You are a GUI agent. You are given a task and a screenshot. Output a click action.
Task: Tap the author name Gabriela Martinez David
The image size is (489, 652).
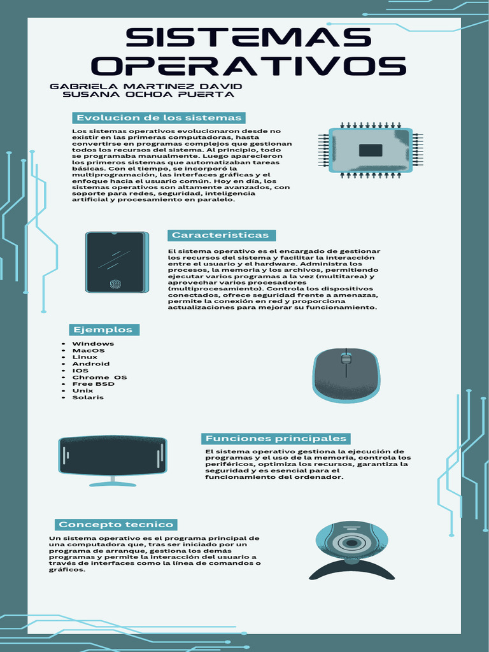[x=146, y=86]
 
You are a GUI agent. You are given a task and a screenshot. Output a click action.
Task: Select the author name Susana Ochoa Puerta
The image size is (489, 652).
[x=148, y=94]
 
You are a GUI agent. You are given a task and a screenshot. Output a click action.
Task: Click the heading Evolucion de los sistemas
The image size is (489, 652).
[x=159, y=118]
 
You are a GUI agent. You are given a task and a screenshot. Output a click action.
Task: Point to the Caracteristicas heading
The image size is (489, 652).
[x=220, y=235]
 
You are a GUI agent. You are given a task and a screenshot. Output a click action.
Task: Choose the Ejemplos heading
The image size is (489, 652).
[x=103, y=329]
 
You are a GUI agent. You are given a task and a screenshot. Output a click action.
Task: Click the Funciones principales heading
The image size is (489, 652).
[x=276, y=439]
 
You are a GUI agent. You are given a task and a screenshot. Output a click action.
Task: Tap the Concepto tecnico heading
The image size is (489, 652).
[x=115, y=525]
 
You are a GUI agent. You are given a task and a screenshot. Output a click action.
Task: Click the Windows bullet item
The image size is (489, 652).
[x=93, y=344]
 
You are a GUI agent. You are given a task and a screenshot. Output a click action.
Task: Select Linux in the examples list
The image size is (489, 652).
[x=85, y=357]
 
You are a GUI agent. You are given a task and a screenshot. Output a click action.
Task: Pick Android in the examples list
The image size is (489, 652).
[x=90, y=364]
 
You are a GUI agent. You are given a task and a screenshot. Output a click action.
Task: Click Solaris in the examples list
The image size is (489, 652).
[x=88, y=397]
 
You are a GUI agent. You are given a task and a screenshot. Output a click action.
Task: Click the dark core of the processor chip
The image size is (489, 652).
[x=370, y=150]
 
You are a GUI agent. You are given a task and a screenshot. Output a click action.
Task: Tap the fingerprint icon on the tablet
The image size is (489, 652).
[x=116, y=284]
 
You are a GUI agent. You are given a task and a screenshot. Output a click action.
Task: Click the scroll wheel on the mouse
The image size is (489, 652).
[x=346, y=358]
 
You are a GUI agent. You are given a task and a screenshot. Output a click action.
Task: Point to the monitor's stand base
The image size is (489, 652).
[x=113, y=484]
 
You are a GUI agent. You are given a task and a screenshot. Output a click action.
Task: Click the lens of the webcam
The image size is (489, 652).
[x=350, y=543]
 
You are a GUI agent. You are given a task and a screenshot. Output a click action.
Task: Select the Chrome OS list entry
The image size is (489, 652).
[x=99, y=378]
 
